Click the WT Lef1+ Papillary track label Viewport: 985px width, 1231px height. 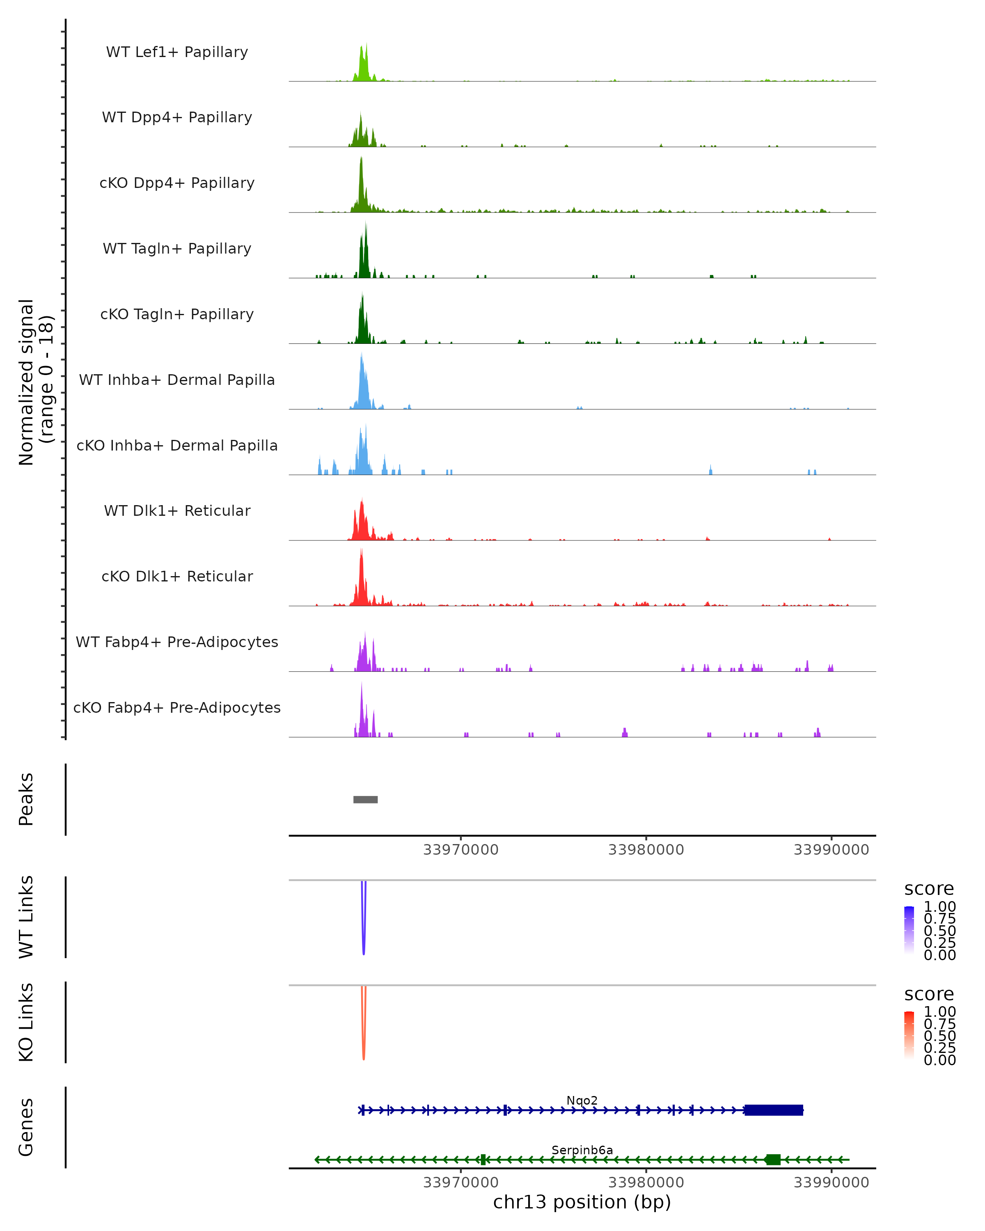point(177,52)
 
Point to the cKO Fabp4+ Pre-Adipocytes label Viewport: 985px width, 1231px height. point(177,707)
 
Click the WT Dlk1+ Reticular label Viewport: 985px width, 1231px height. point(177,510)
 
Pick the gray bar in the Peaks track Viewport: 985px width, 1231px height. point(365,799)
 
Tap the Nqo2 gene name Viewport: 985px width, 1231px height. point(582,1100)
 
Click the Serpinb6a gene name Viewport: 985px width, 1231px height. point(582,1150)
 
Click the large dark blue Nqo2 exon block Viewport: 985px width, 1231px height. point(774,1110)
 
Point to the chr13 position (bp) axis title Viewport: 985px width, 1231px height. point(582,1202)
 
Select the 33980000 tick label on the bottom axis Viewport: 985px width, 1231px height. point(646,1182)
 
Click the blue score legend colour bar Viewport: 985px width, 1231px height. point(909,930)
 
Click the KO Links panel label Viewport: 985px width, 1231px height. point(26,1022)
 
